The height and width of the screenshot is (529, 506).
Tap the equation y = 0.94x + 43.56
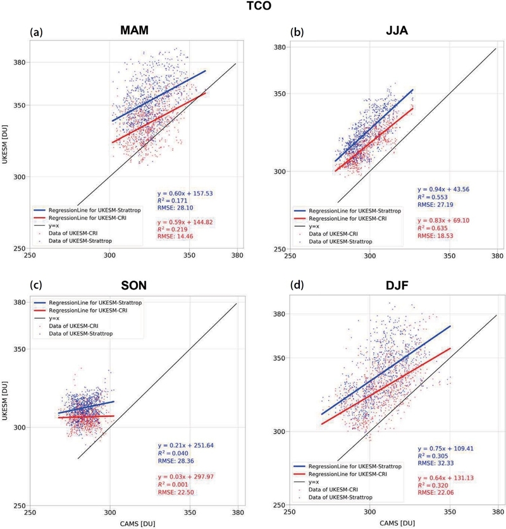pos(445,189)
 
